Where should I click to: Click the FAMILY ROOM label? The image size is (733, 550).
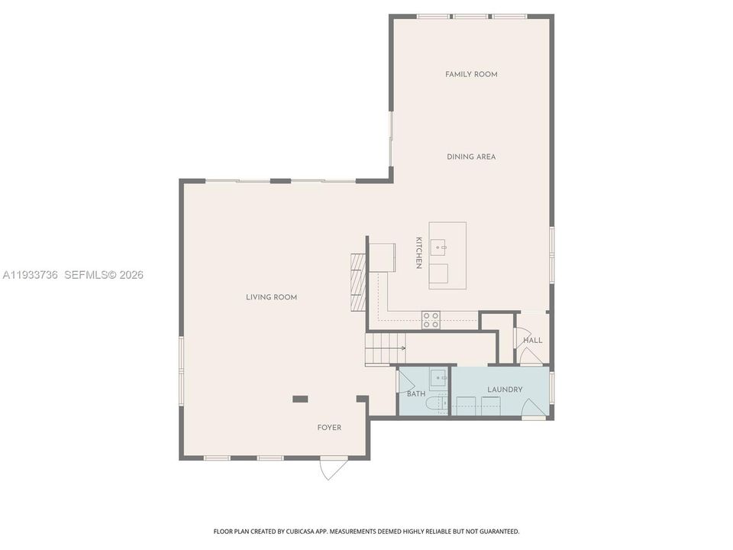point(471,74)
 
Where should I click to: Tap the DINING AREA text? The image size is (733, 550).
point(471,157)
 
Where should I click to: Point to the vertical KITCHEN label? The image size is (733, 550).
point(419,252)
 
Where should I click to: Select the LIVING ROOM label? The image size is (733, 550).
point(271,297)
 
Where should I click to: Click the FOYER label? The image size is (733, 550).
point(329,428)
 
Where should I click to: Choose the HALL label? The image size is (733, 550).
point(533,340)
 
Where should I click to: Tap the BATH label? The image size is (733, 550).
point(416,394)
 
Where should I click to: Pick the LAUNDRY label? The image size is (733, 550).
point(505,390)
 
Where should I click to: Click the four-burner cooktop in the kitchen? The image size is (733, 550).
point(431,319)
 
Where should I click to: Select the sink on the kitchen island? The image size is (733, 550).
point(440,246)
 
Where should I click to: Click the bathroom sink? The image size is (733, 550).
point(438,377)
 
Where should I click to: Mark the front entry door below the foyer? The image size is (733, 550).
point(332,467)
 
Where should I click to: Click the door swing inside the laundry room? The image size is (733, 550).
point(533,413)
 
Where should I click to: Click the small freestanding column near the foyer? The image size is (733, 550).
point(300,398)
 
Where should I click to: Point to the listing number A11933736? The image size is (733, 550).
point(31,274)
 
